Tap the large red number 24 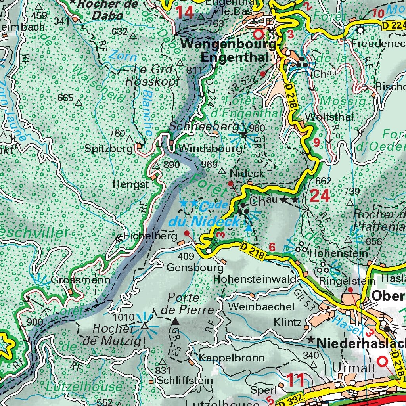pos(320,195)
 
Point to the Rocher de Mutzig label pos(112,334)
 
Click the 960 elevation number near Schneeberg pos(257,128)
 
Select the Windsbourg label pos(210,149)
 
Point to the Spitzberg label pos(108,149)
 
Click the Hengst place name pos(125,184)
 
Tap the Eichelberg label pos(150,236)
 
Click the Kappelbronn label pos(232,358)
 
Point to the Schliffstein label pos(184,380)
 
